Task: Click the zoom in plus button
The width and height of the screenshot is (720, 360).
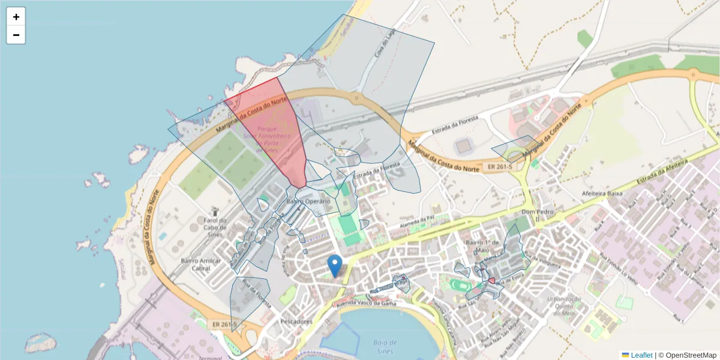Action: coord(16,17)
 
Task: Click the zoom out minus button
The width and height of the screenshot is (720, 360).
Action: coord(16,35)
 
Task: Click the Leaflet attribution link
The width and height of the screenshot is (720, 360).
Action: coord(641,355)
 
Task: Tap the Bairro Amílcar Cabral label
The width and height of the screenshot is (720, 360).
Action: coord(201,265)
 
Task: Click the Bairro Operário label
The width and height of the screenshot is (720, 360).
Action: coord(308,202)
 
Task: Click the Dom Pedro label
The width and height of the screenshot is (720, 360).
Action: coord(536,212)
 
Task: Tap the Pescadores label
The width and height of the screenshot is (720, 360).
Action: coord(296,322)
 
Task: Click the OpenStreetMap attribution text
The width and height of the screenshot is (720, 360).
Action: coord(687,355)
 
